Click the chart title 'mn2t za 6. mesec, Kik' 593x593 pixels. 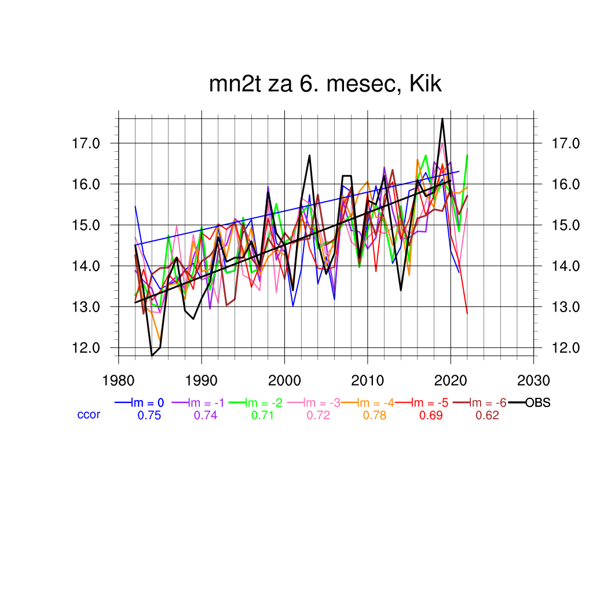pyautogui.click(x=325, y=85)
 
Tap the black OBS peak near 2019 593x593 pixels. pyautogui.click(x=442, y=119)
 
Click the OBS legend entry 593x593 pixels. pyautogui.click(x=537, y=402)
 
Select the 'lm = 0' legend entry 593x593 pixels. pyautogui.click(x=148, y=402)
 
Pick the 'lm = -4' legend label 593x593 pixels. pyautogui.click(x=375, y=402)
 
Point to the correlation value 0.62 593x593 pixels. pyautogui.click(x=488, y=415)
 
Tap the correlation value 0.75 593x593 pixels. pyautogui.click(x=149, y=415)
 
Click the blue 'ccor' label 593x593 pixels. pyautogui.click(x=89, y=415)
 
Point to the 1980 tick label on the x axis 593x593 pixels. pyautogui.click(x=119, y=380)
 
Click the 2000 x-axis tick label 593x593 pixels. pyautogui.click(x=284, y=380)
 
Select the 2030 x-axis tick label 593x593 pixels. pyautogui.click(x=533, y=380)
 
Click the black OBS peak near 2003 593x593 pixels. pyautogui.click(x=310, y=155)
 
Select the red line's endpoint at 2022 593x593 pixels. pyautogui.click(x=467, y=313)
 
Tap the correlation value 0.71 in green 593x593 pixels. pyautogui.click(x=262, y=415)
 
